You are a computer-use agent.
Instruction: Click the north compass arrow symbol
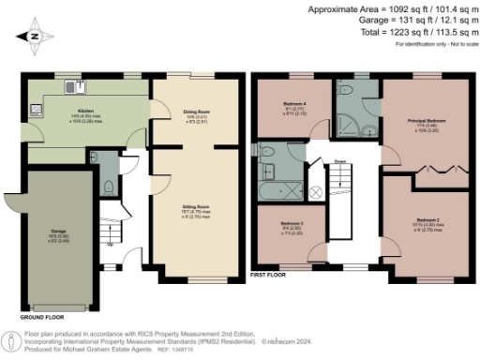35,38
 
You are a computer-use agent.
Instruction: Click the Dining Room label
196,112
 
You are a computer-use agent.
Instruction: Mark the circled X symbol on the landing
316,191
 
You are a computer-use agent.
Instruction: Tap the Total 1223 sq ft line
404,32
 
